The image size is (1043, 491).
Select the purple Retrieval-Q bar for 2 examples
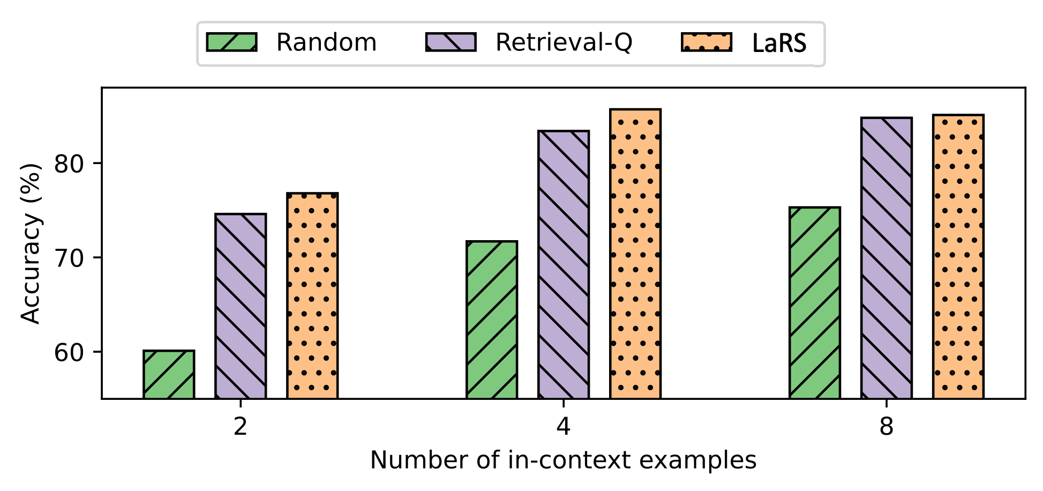(241, 306)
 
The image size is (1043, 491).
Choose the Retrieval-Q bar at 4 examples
(564, 265)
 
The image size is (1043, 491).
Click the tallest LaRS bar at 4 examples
(635, 254)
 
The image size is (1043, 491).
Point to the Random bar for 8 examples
(815, 303)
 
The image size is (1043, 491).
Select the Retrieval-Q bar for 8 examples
(887, 258)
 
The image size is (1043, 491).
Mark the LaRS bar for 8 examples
(958, 257)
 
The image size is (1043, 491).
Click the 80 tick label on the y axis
(70, 163)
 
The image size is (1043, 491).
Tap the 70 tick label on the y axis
(70, 258)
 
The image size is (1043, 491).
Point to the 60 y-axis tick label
(70, 352)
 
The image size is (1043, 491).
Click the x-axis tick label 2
(241, 426)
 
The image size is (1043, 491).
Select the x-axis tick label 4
(564, 426)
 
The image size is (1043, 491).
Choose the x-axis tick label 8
(887, 426)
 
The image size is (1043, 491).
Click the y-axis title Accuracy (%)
(31, 243)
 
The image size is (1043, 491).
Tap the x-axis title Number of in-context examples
(563, 460)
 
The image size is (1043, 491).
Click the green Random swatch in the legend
(232, 42)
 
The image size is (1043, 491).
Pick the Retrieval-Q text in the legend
(564, 42)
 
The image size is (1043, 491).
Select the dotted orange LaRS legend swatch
(707, 42)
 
